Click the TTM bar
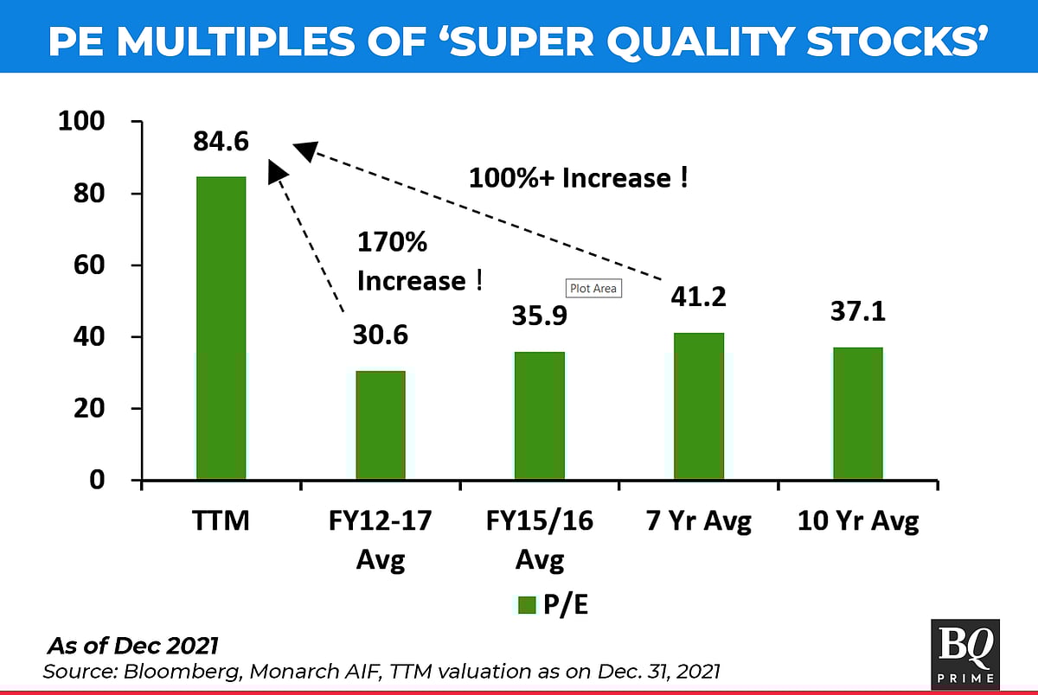tap(221, 328)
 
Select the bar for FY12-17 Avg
tap(381, 425)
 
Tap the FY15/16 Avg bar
tap(540, 416)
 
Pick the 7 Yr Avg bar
tap(699, 406)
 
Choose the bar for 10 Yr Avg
tap(858, 413)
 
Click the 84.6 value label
tap(221, 140)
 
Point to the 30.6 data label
tap(381, 335)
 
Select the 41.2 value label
tap(699, 296)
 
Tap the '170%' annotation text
tap(393, 243)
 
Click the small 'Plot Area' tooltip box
tap(593, 288)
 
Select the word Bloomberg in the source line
tap(144, 671)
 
